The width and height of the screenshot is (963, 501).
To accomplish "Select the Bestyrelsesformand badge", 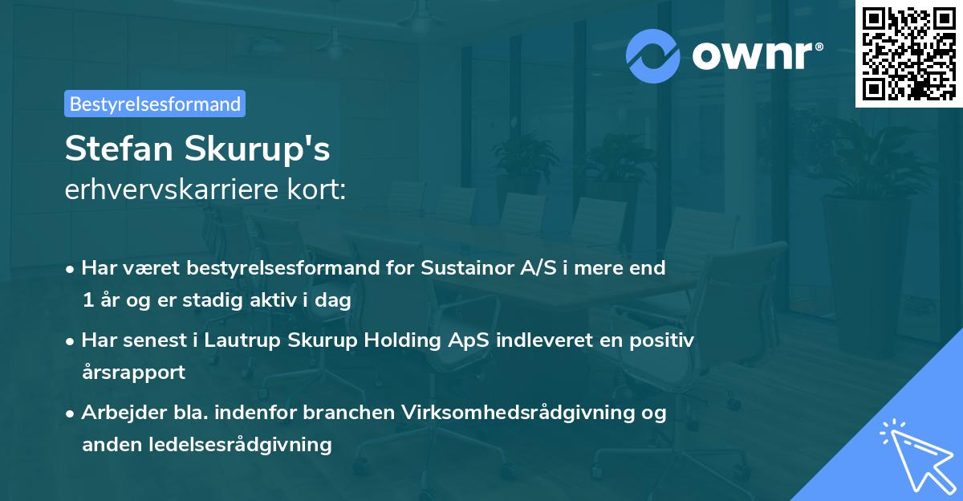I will (x=155, y=104).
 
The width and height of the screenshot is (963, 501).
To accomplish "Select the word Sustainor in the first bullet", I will (x=460, y=268).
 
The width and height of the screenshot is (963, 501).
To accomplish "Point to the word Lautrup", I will (x=241, y=340).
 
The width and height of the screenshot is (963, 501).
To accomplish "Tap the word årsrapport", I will (x=133, y=373).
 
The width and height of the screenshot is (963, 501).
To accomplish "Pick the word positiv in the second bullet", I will (x=664, y=340).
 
